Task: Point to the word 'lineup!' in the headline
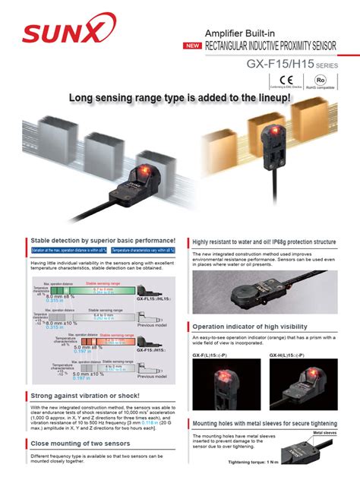[x=267, y=98]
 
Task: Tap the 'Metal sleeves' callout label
[x=329, y=433]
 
